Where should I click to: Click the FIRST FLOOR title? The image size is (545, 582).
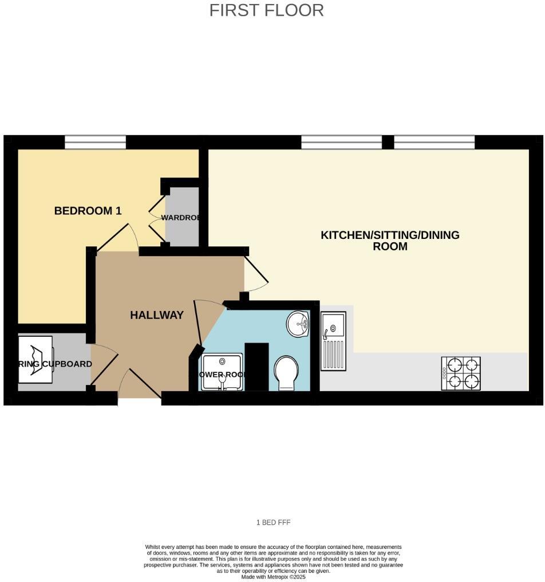pyautogui.click(x=266, y=10)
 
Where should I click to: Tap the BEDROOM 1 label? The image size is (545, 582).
pyautogui.click(x=88, y=211)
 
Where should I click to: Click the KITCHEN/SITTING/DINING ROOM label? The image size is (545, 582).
pyautogui.click(x=390, y=241)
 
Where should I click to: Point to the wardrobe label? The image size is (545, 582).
pyautogui.click(x=180, y=218)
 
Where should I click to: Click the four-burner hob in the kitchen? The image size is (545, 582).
pyautogui.click(x=460, y=373)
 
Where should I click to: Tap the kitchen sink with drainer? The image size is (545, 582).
pyautogui.click(x=333, y=340)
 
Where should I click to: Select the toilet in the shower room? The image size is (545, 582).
pyautogui.click(x=286, y=372)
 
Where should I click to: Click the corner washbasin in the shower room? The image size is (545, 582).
pyautogui.click(x=298, y=325)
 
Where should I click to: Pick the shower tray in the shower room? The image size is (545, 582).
pyautogui.click(x=222, y=372)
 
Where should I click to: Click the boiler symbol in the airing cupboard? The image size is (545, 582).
pyautogui.click(x=35, y=359)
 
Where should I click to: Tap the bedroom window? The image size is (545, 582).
pyautogui.click(x=95, y=142)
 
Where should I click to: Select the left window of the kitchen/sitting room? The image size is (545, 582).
pyautogui.click(x=341, y=142)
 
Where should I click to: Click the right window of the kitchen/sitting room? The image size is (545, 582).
pyautogui.click(x=434, y=142)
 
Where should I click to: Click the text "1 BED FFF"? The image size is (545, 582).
pyautogui.click(x=272, y=522)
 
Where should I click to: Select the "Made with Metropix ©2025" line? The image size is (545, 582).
pyautogui.click(x=273, y=577)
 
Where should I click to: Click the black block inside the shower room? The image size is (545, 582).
pyautogui.click(x=256, y=367)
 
